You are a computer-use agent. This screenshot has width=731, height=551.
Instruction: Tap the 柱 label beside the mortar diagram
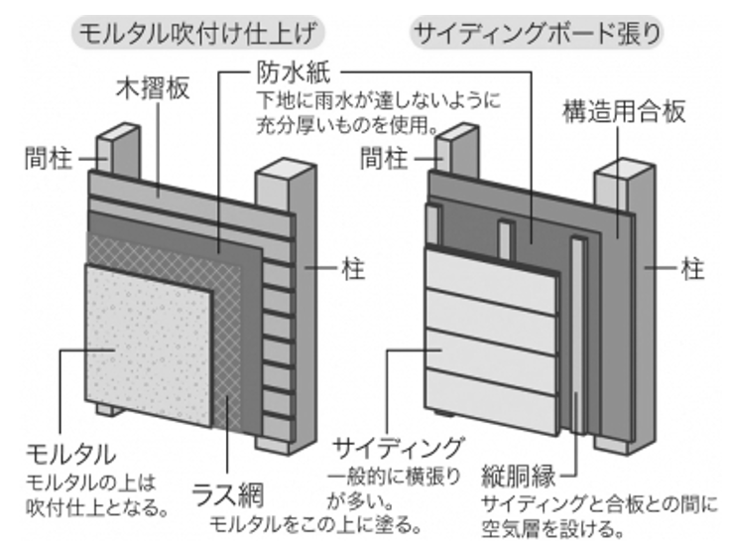[x=349, y=268]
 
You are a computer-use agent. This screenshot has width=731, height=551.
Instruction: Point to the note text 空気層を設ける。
[x=537, y=526]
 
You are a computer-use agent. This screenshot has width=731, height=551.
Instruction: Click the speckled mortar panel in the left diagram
[x=149, y=338]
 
